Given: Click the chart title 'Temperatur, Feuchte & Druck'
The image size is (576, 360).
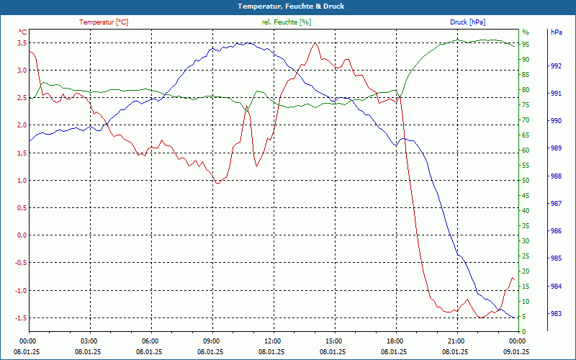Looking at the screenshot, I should [x=287, y=6].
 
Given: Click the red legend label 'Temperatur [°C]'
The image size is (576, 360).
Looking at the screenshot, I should [x=104, y=22].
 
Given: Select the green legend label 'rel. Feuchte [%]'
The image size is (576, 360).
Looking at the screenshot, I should [x=287, y=22].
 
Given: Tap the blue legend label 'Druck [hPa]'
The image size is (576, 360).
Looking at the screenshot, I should [x=468, y=22].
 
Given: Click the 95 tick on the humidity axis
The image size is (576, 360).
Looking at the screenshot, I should [x=526, y=45].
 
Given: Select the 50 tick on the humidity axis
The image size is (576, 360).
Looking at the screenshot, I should [x=526, y=181].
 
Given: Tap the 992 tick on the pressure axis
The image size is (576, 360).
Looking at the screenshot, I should [x=556, y=66].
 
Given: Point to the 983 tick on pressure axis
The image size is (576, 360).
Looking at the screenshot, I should [x=556, y=314].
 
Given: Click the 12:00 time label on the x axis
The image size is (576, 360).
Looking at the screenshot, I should [x=272, y=341].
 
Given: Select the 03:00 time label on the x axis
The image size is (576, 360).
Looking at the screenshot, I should [x=89, y=341].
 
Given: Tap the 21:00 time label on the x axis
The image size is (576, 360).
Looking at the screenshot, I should [x=456, y=341].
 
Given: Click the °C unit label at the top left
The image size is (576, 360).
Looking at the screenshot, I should [x=23, y=32].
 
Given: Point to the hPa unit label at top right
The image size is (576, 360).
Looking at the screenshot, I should [x=556, y=32].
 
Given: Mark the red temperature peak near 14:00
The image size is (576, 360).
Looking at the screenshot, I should [x=315, y=43].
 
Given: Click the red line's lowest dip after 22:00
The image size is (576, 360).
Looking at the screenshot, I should [x=480, y=318].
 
